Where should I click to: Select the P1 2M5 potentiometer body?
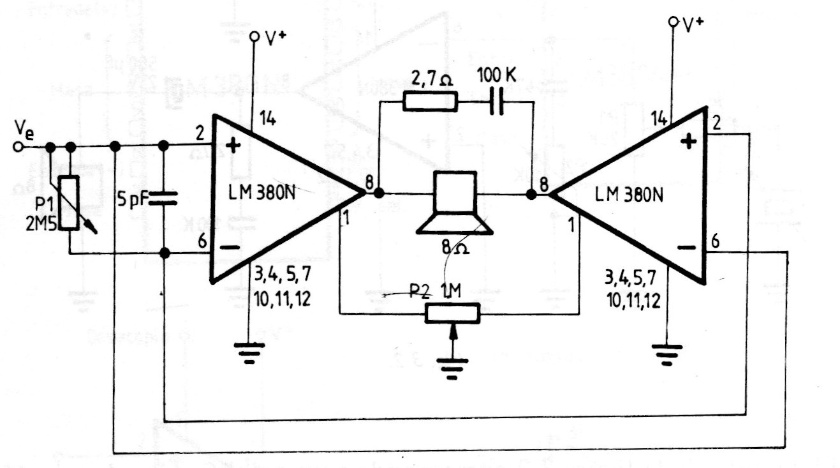72,202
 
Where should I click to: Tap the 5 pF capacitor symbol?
164,199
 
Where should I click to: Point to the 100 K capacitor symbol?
496,102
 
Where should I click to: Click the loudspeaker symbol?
454,202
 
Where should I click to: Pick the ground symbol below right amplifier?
667,353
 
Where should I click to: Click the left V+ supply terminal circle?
254,36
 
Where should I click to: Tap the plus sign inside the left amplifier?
233,146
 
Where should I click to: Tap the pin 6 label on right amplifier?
716,241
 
